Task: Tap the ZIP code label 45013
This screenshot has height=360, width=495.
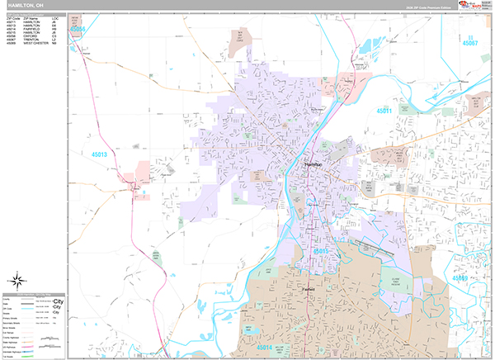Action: tap(100, 154)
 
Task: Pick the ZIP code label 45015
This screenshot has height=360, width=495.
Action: tap(321, 249)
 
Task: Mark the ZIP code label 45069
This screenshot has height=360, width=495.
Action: tap(460, 278)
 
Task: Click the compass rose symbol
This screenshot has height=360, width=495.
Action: tap(18, 279)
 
